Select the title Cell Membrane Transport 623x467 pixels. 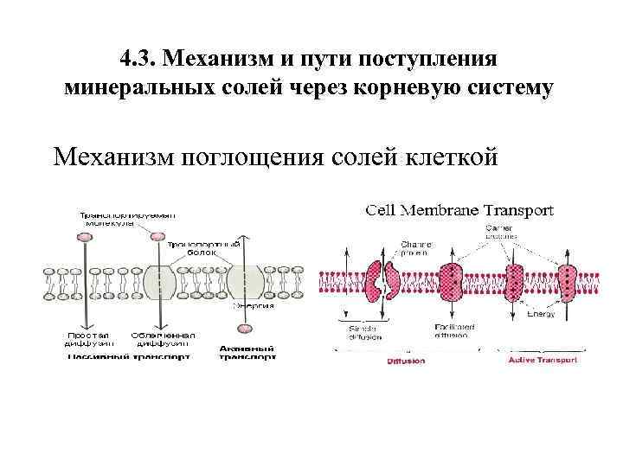click(x=459, y=210)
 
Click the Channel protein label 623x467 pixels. click(x=413, y=248)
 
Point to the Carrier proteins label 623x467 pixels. click(x=501, y=231)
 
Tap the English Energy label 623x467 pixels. click(x=541, y=315)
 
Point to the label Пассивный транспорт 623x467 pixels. click(x=129, y=355)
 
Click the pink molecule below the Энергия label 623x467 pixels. click(x=246, y=329)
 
